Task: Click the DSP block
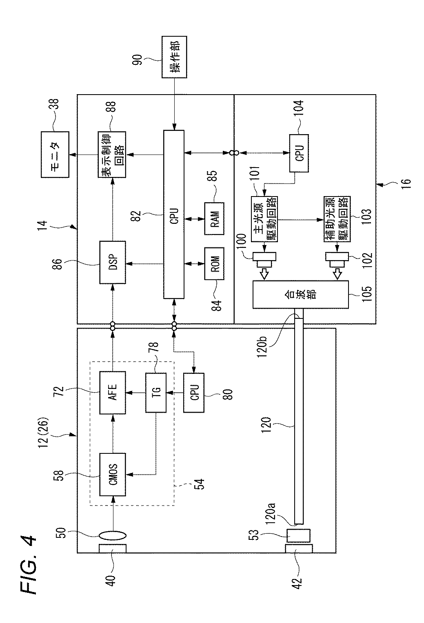coord(113,262)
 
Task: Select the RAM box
coord(214,219)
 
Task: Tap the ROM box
coord(214,263)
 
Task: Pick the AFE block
coord(113,393)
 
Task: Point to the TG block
coord(156,393)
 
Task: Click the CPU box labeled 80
coord(193,393)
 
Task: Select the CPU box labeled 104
coord(299,153)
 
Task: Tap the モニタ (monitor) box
coord(55,155)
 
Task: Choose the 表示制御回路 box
coord(112,155)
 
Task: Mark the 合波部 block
coord(301,294)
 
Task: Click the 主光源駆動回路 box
coord(264,219)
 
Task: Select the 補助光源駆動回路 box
coord(337,219)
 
